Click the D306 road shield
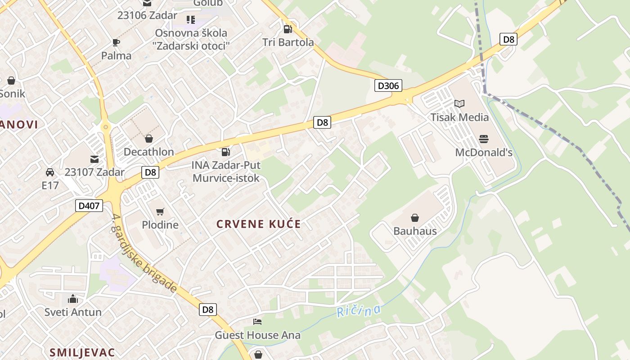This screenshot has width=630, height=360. (x=388, y=85)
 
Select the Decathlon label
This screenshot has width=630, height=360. (x=148, y=152)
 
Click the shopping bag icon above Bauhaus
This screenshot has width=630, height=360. (x=415, y=218)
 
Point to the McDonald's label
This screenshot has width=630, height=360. (x=484, y=153)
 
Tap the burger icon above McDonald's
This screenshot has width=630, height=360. (x=484, y=139)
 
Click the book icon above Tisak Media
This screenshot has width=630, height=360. (x=459, y=104)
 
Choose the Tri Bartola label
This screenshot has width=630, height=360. (x=288, y=42)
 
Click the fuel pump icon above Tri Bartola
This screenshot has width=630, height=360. (x=288, y=29)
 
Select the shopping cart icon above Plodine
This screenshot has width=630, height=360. (x=160, y=211)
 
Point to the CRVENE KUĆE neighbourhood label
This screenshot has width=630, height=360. (x=258, y=224)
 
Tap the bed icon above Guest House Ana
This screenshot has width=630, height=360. (x=257, y=321)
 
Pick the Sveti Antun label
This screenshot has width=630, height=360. (x=73, y=312)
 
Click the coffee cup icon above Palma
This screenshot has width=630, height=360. (x=116, y=43)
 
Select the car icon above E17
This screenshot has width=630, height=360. (x=50, y=172)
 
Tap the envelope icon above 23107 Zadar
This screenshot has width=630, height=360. (x=94, y=159)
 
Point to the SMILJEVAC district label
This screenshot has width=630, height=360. (x=82, y=352)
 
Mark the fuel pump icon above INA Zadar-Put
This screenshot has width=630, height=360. (x=226, y=152)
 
